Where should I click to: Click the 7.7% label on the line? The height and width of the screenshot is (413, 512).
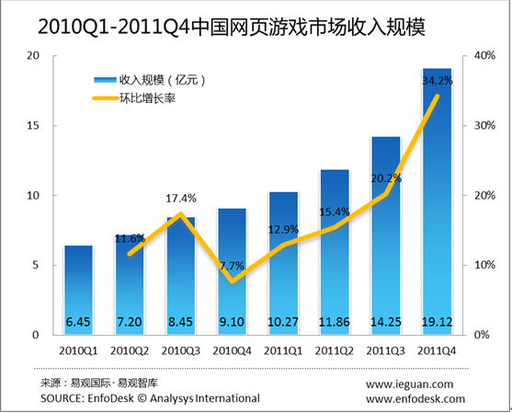(x=232, y=266)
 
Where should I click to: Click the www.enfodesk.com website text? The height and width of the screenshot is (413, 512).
(x=409, y=398)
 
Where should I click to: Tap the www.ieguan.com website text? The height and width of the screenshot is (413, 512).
(x=409, y=384)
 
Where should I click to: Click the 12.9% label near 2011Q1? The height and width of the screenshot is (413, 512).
(x=283, y=230)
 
